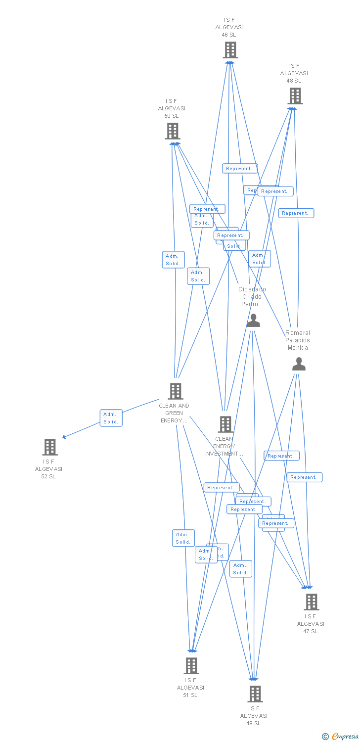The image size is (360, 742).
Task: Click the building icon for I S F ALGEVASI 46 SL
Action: [230, 50]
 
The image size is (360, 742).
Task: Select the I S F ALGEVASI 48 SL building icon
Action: [295, 96]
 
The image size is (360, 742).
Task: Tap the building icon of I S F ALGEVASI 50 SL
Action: [172, 131]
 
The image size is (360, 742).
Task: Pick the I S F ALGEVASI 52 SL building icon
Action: [49, 447]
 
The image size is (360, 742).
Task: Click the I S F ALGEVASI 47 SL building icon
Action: [311, 602]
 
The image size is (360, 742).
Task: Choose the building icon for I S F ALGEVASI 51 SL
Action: [191, 666]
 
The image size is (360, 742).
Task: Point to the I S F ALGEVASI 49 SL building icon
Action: [255, 694]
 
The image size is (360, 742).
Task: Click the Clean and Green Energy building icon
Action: [175, 391]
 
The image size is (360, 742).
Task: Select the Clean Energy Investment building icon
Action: [225, 424]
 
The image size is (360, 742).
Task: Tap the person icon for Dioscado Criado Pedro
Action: [253, 321]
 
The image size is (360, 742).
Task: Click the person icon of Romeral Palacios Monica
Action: [299, 365]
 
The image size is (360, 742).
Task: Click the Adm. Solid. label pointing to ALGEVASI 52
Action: [111, 418]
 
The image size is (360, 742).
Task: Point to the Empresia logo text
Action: [344, 737]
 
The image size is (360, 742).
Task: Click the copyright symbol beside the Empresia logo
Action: [325, 737]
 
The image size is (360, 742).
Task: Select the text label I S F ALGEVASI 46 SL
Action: [229, 27]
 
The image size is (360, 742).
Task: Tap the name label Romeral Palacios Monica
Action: [298, 340]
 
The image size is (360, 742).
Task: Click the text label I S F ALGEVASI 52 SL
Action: [48, 469]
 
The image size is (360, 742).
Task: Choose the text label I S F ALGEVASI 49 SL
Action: [254, 716]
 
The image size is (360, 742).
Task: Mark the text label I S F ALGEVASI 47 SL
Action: [311, 624]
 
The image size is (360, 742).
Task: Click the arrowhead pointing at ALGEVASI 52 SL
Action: [64, 437]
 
